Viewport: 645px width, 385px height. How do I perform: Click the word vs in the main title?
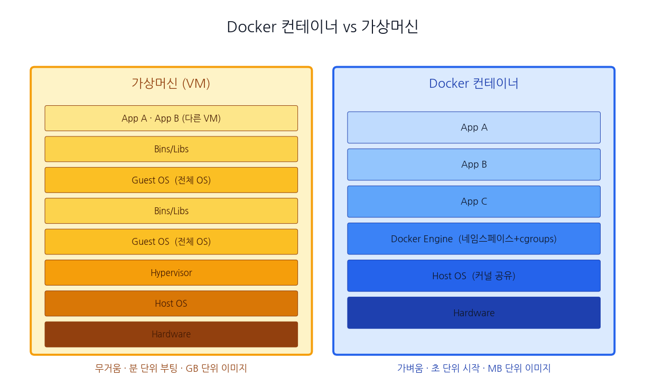pos(350,27)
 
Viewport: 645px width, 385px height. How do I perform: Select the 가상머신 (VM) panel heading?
pos(171,84)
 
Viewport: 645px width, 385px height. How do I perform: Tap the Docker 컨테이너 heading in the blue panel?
pos(474,84)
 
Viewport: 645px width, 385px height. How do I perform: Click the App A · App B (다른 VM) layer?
pos(171,118)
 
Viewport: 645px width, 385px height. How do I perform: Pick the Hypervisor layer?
pos(171,272)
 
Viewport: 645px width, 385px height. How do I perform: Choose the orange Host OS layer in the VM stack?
pos(171,304)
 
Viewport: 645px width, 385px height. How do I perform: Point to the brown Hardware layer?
pos(171,334)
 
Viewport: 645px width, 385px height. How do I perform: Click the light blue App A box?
pos(474,127)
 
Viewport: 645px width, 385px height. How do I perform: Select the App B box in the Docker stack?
pos(474,164)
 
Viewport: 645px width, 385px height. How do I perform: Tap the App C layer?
pos(474,201)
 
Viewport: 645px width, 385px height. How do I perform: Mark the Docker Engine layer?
pos(474,239)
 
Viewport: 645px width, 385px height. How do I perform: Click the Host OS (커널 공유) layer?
pos(474,276)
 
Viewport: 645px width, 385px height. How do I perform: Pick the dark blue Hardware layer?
pos(474,313)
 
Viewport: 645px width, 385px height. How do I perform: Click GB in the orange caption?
pos(192,368)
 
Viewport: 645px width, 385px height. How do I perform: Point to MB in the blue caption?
pos(494,368)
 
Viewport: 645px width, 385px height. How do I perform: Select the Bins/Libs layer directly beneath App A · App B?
pos(171,149)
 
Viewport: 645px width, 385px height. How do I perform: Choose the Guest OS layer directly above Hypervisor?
pos(171,242)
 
